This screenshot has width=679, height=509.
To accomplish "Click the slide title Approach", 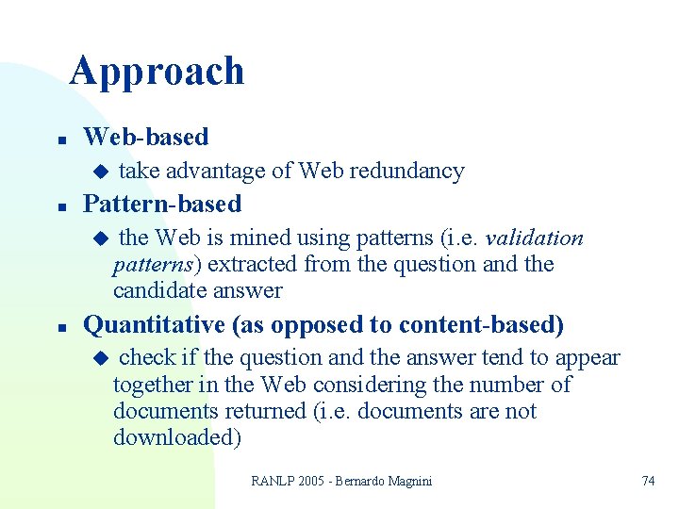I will [x=157, y=72].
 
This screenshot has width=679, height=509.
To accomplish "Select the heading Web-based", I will [x=146, y=138].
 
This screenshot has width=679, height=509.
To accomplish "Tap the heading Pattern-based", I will [x=162, y=204].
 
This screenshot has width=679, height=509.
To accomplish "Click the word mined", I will [x=260, y=238].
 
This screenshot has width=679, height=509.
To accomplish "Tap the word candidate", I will [x=155, y=290].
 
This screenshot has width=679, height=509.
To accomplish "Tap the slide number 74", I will [x=648, y=481].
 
